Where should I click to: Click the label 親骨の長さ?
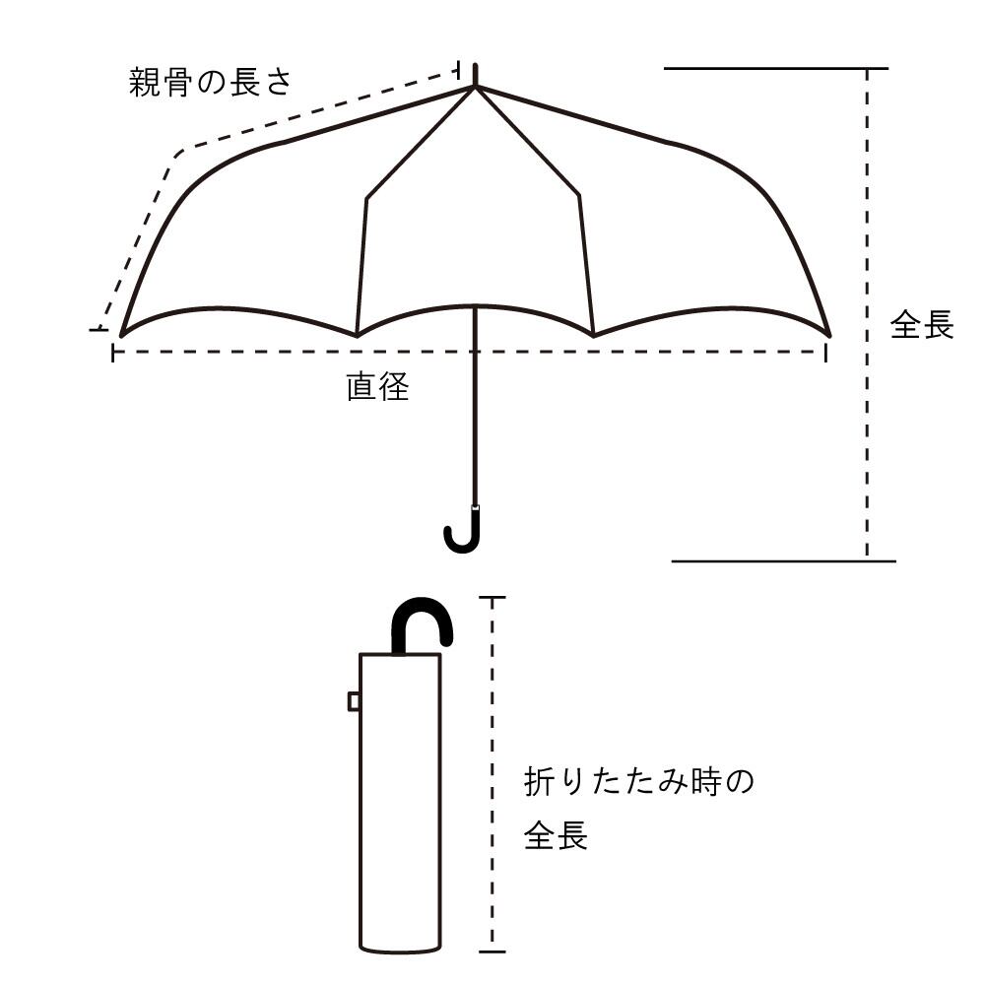(x=211, y=82)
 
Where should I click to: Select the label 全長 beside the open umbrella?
(x=922, y=325)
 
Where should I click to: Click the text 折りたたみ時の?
(x=639, y=784)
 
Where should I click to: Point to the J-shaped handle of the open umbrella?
(x=464, y=532)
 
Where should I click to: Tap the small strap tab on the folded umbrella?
(x=354, y=700)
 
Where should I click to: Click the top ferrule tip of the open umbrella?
(x=476, y=73)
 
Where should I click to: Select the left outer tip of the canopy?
(x=121, y=335)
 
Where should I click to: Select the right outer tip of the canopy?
(x=829, y=335)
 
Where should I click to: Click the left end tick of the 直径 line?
(x=113, y=352)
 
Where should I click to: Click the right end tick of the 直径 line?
(x=825, y=352)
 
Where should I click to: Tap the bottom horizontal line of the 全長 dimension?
(x=783, y=560)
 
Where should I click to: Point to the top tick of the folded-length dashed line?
(x=492, y=597)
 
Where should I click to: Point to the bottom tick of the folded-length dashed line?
(x=492, y=952)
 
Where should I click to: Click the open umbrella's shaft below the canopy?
(x=476, y=414)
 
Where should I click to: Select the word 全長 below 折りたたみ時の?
(x=556, y=836)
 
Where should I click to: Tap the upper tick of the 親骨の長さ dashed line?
(x=459, y=68)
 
